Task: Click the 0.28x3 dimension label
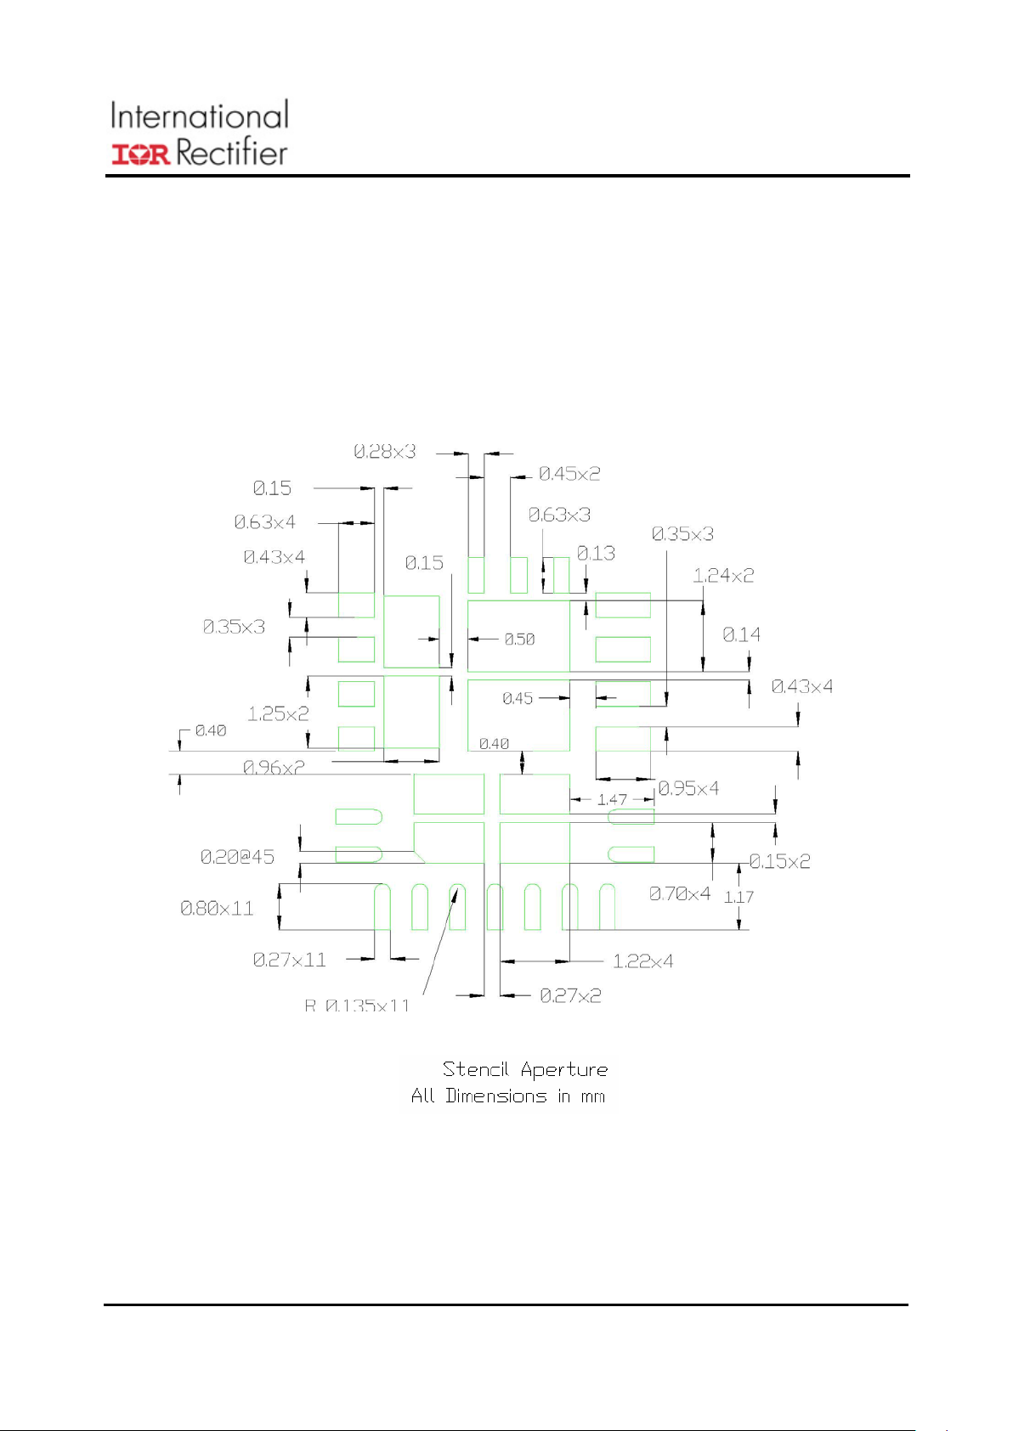tap(385, 452)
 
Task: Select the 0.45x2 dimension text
tap(569, 474)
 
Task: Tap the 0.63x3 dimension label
tap(559, 515)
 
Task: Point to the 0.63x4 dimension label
tap(265, 522)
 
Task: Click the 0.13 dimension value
tap(596, 554)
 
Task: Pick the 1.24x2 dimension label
tap(723, 576)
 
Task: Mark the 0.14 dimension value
tap(741, 635)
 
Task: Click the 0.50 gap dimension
tap(519, 639)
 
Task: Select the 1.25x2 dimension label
tap(278, 714)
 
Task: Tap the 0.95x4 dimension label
tap(688, 789)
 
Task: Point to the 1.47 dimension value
tap(612, 800)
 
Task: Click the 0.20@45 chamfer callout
tap(237, 858)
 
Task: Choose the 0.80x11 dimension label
tap(217, 909)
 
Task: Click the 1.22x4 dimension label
tap(642, 961)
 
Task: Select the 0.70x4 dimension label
tap(680, 893)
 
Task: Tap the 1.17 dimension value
tap(739, 897)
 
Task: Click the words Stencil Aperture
tap(525, 1069)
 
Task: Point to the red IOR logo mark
tap(141, 155)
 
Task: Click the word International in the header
tap(200, 116)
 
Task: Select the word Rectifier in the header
tap(232, 154)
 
